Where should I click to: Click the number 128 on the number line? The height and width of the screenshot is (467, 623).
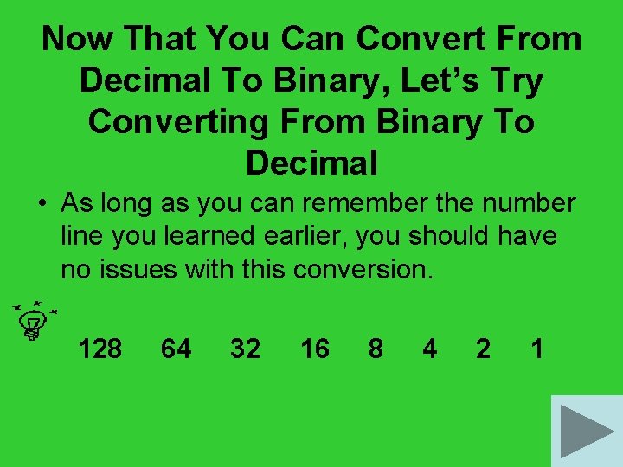click(100, 349)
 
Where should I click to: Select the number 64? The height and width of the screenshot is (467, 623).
click(177, 349)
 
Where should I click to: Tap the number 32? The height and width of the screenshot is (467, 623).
click(245, 349)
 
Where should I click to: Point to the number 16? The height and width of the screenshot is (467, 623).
click(314, 349)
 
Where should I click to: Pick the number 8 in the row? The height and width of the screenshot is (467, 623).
click(376, 349)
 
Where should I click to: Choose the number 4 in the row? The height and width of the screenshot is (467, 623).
click(429, 349)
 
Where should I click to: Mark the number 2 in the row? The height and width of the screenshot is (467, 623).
click(484, 349)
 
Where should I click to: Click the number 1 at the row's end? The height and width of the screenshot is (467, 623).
click(537, 349)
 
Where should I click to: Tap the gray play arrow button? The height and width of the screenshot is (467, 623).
click(586, 431)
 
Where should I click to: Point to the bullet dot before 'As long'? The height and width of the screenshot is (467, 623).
click(42, 204)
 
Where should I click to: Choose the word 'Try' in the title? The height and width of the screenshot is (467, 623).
click(516, 80)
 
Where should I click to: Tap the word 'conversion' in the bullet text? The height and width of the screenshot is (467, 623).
click(362, 269)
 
